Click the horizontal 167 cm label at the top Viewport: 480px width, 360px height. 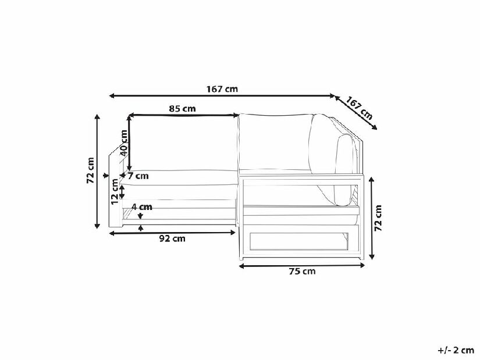[222, 89]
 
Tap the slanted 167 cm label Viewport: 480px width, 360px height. [360, 108]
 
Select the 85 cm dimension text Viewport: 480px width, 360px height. [182, 109]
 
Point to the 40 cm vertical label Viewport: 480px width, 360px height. [123, 143]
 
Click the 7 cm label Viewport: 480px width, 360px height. [138, 176]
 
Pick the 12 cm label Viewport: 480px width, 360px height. [115, 192]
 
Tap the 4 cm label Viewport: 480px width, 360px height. [142, 207]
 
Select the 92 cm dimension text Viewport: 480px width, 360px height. [172, 238]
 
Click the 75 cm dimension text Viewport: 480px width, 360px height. [302, 271]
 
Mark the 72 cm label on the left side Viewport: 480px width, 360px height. [91, 170]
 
